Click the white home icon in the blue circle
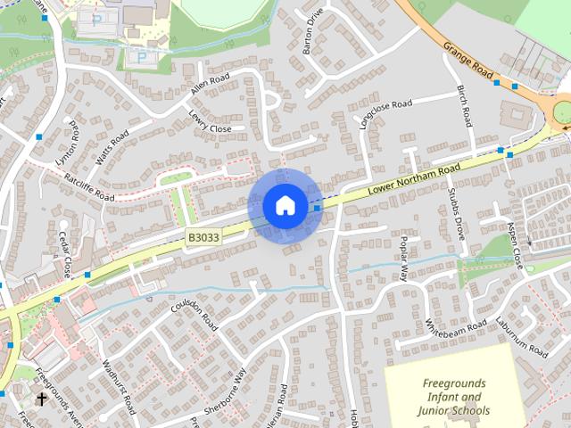[285, 206]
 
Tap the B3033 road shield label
[203, 237]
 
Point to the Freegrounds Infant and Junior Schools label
[455, 397]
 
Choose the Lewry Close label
[210, 122]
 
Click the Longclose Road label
[385, 115]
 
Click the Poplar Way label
[403, 259]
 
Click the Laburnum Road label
[522, 336]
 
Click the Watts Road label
[112, 147]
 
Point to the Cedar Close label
[65, 253]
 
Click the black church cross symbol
[42, 399]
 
